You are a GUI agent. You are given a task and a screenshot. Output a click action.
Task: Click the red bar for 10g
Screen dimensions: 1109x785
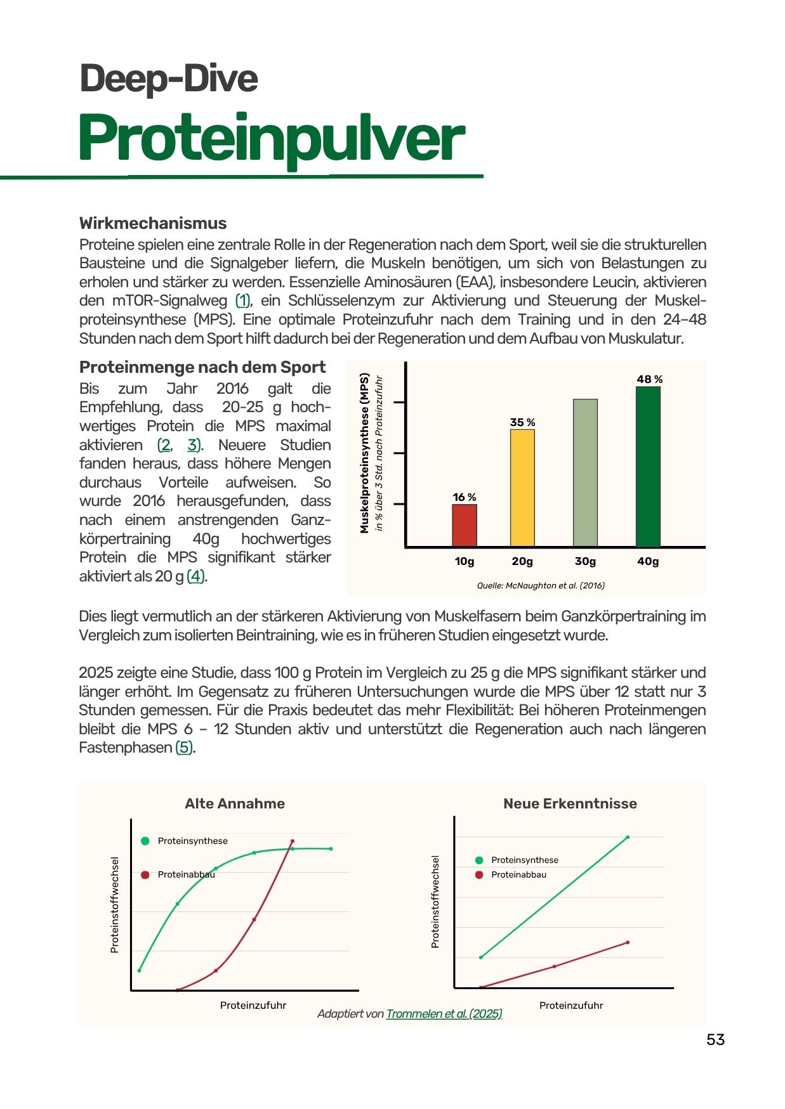tap(464, 525)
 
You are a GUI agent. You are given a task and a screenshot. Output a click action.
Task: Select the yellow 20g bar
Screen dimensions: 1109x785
tap(522, 488)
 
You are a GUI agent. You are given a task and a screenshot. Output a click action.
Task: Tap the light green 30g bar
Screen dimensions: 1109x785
tap(585, 472)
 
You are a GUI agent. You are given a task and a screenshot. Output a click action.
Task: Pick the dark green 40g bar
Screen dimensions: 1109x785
tap(648, 466)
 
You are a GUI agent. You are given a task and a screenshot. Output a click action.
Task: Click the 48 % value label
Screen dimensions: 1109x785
tap(649, 379)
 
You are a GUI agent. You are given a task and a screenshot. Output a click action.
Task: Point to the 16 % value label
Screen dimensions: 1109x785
tap(464, 497)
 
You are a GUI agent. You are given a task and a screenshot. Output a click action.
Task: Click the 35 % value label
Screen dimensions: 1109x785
tap(522, 422)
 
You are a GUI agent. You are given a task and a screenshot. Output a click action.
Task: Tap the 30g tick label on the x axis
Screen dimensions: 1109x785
tap(585, 561)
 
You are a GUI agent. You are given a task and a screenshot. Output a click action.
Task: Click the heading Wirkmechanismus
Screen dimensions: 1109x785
tap(153, 223)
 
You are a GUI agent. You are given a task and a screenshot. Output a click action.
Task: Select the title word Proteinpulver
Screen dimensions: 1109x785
tap(272, 138)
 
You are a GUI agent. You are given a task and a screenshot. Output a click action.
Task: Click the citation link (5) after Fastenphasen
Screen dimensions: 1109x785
tap(184, 748)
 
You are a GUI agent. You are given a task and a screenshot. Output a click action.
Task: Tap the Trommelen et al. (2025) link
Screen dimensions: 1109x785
tap(444, 1013)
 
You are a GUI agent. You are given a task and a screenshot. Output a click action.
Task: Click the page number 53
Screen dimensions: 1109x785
tap(715, 1039)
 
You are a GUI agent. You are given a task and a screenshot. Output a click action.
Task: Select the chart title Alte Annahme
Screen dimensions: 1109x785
tap(235, 803)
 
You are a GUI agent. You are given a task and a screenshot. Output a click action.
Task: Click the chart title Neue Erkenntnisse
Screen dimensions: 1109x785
tap(570, 803)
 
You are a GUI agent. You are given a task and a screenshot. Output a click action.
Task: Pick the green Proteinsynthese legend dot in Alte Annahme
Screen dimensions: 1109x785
tap(145, 841)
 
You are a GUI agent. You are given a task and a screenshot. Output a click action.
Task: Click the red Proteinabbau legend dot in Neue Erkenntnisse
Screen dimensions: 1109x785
tap(479, 874)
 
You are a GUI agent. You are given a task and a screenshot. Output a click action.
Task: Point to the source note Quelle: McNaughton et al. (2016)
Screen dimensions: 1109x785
tap(541, 585)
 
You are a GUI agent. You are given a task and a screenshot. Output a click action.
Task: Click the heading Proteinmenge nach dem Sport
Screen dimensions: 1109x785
tap(202, 367)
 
